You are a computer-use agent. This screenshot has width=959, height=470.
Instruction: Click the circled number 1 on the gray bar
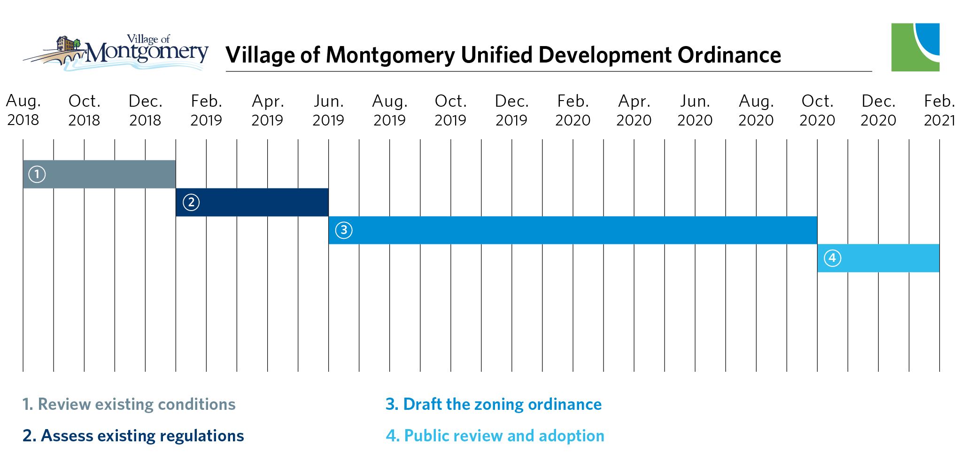coord(37,174)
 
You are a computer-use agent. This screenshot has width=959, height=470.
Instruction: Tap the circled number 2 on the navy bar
coord(191,203)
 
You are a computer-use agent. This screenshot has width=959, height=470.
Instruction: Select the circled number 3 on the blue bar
coord(344,230)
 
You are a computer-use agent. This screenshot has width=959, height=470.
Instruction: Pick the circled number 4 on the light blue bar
coord(833,258)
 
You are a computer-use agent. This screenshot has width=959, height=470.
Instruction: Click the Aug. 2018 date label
coord(23,110)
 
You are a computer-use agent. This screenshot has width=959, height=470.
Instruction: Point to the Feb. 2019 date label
coord(206,110)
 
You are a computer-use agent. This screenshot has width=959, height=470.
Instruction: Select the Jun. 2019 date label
coord(328,110)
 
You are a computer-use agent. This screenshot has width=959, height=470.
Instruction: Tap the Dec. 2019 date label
coord(511,110)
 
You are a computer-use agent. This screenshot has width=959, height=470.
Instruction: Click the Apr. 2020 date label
coord(634,110)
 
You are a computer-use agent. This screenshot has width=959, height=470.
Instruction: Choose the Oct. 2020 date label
coord(817,110)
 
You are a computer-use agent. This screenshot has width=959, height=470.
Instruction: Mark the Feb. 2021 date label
coord(939,110)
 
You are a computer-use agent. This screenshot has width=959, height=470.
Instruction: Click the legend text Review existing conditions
coord(129,405)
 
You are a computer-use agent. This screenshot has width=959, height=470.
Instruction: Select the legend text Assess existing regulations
coord(133,436)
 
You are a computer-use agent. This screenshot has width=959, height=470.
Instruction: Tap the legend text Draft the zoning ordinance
coord(494,405)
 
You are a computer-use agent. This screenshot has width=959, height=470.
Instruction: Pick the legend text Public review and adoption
coord(495,436)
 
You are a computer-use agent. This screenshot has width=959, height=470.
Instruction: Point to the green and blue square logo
coord(915,47)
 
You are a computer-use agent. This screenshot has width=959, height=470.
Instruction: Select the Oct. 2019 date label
coord(450,110)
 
